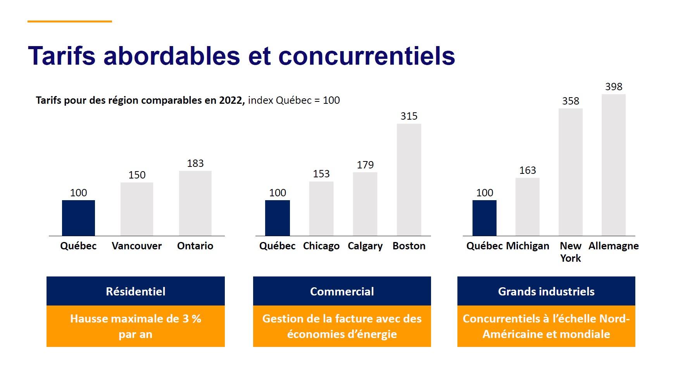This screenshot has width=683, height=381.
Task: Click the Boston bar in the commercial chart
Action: click(x=409, y=180)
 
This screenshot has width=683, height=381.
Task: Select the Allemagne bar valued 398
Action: click(x=613, y=165)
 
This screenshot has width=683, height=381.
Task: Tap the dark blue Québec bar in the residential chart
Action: click(x=78, y=218)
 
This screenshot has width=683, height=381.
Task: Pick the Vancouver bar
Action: click(x=137, y=209)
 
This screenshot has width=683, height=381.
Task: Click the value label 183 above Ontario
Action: click(x=195, y=163)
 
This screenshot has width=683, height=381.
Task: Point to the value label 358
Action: click(x=571, y=101)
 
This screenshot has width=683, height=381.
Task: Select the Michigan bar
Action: click(x=527, y=207)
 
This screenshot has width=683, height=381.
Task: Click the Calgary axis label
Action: click(x=365, y=246)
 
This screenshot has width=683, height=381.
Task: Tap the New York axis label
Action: click(x=571, y=252)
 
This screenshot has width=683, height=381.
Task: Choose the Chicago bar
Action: click(x=321, y=209)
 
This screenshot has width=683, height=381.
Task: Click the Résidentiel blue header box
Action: click(x=135, y=291)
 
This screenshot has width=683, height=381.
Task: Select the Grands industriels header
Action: click(x=546, y=291)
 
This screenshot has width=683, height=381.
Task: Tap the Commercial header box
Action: click(x=342, y=291)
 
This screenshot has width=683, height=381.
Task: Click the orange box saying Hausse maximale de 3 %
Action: click(x=135, y=326)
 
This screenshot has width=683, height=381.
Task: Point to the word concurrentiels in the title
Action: click(x=366, y=56)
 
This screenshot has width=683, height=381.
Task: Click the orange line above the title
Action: click(x=70, y=22)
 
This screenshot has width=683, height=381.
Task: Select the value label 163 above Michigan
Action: click(x=527, y=170)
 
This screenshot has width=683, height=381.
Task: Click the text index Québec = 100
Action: click(x=294, y=100)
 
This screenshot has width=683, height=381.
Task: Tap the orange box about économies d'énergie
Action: click(x=342, y=326)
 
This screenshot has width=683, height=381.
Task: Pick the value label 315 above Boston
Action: click(x=409, y=116)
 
